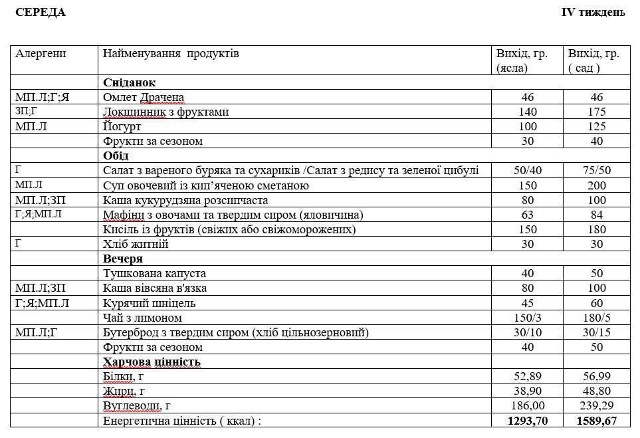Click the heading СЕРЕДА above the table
(x=41, y=13)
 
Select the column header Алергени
(x=41, y=54)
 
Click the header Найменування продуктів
(x=171, y=54)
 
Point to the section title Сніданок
(x=129, y=82)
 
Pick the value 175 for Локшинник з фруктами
(x=597, y=112)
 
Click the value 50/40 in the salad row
(x=528, y=170)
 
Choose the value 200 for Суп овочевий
(x=597, y=185)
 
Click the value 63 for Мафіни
(x=528, y=214)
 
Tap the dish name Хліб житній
(x=136, y=244)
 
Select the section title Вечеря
(x=123, y=259)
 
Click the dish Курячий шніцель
(x=150, y=303)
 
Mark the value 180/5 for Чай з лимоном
(x=597, y=318)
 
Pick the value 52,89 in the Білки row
(x=528, y=377)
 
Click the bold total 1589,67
(x=597, y=421)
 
